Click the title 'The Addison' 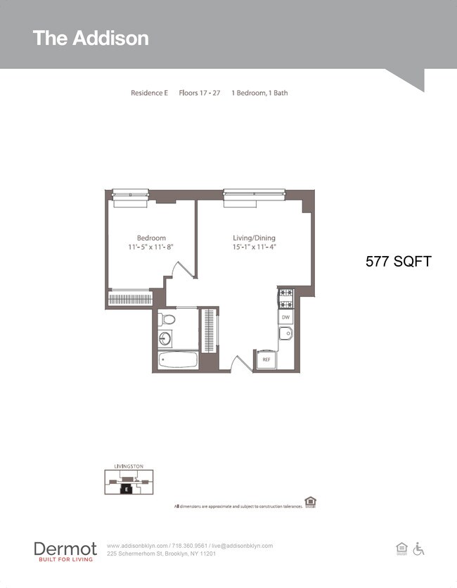pos(91,38)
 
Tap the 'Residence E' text pos(149,93)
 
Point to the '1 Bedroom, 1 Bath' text pos(259,93)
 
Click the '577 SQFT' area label pos(398,262)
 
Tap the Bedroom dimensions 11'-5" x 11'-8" pos(151,248)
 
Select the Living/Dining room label pos(253,238)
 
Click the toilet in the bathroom pos(167,320)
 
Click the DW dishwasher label pos(285,318)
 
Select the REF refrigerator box pos(266,359)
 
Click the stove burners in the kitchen pos(285,299)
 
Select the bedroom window pos(131,193)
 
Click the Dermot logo pos(65,550)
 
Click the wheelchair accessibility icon pos(418,549)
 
